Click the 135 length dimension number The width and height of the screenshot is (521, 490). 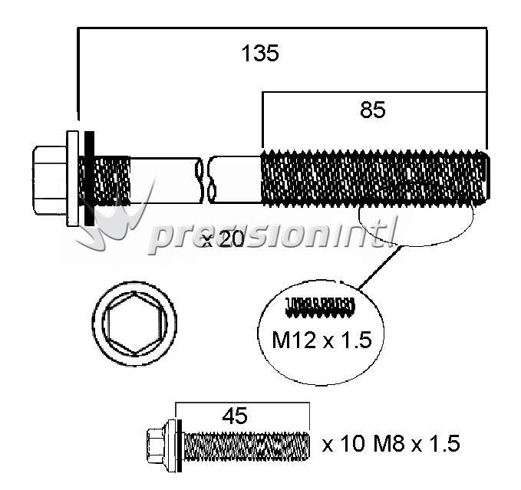pos(260,53)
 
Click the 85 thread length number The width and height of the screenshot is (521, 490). pos(373,110)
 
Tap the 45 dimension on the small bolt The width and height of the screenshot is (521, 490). pos(235,416)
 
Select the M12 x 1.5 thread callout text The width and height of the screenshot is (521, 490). pos(322,340)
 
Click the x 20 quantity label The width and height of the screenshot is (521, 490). pos(223,239)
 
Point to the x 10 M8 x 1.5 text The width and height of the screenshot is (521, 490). pos(391,443)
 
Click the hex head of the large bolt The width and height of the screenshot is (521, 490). pos(50,180)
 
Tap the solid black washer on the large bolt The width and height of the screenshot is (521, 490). pos(89,179)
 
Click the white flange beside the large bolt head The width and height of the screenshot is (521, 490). pos(73,179)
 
